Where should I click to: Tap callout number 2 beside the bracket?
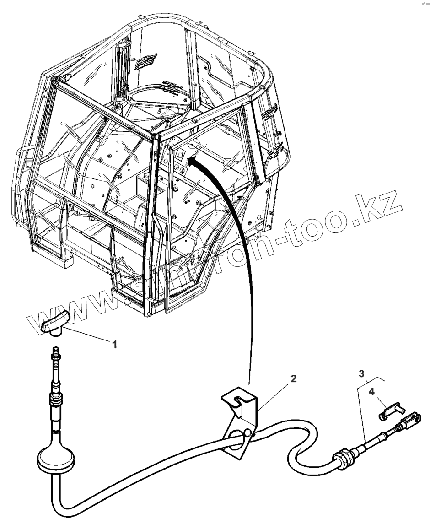293,378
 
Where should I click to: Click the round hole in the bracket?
238,435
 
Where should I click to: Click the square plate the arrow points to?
180,156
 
